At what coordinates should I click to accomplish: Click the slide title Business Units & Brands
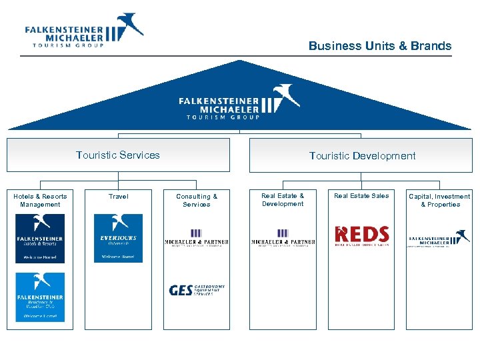tap(379, 46)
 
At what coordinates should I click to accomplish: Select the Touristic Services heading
tap(118, 155)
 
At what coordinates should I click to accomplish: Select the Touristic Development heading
tap(362, 155)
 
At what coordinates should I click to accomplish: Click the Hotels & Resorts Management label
tap(40, 200)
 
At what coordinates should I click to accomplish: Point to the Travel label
tap(118, 197)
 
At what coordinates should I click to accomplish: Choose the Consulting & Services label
tap(197, 200)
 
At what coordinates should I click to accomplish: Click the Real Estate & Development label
tap(283, 199)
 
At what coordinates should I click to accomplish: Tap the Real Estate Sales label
tap(361, 196)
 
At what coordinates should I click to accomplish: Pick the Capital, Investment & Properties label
tap(439, 200)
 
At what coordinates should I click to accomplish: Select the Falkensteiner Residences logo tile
tap(40, 297)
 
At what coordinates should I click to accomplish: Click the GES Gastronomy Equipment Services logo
tap(197, 290)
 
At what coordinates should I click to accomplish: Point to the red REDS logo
tap(361, 235)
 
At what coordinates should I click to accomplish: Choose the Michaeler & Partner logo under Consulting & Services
tap(197, 237)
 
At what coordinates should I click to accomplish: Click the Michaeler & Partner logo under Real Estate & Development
tap(283, 237)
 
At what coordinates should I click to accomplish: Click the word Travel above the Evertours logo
tap(118, 197)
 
